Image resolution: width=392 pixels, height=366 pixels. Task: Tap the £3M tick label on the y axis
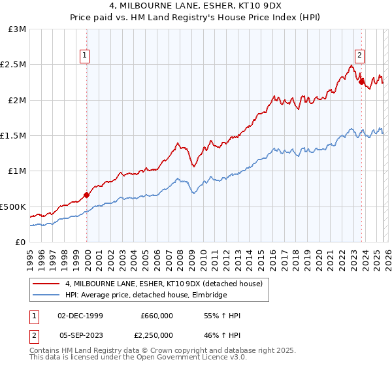click(18, 29)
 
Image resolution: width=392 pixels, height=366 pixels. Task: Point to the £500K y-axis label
click(14, 207)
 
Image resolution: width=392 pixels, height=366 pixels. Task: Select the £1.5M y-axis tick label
click(14, 135)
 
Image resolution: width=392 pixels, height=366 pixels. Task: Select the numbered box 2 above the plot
click(360, 56)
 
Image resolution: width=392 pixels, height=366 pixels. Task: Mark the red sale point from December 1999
click(86, 195)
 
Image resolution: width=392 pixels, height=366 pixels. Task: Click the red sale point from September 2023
click(361, 82)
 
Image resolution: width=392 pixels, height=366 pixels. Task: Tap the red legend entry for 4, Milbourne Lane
click(163, 284)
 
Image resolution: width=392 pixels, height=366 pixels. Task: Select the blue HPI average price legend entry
click(146, 295)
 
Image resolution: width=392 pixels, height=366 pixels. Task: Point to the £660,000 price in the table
click(156, 316)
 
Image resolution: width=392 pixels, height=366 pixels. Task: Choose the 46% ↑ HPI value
click(221, 334)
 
